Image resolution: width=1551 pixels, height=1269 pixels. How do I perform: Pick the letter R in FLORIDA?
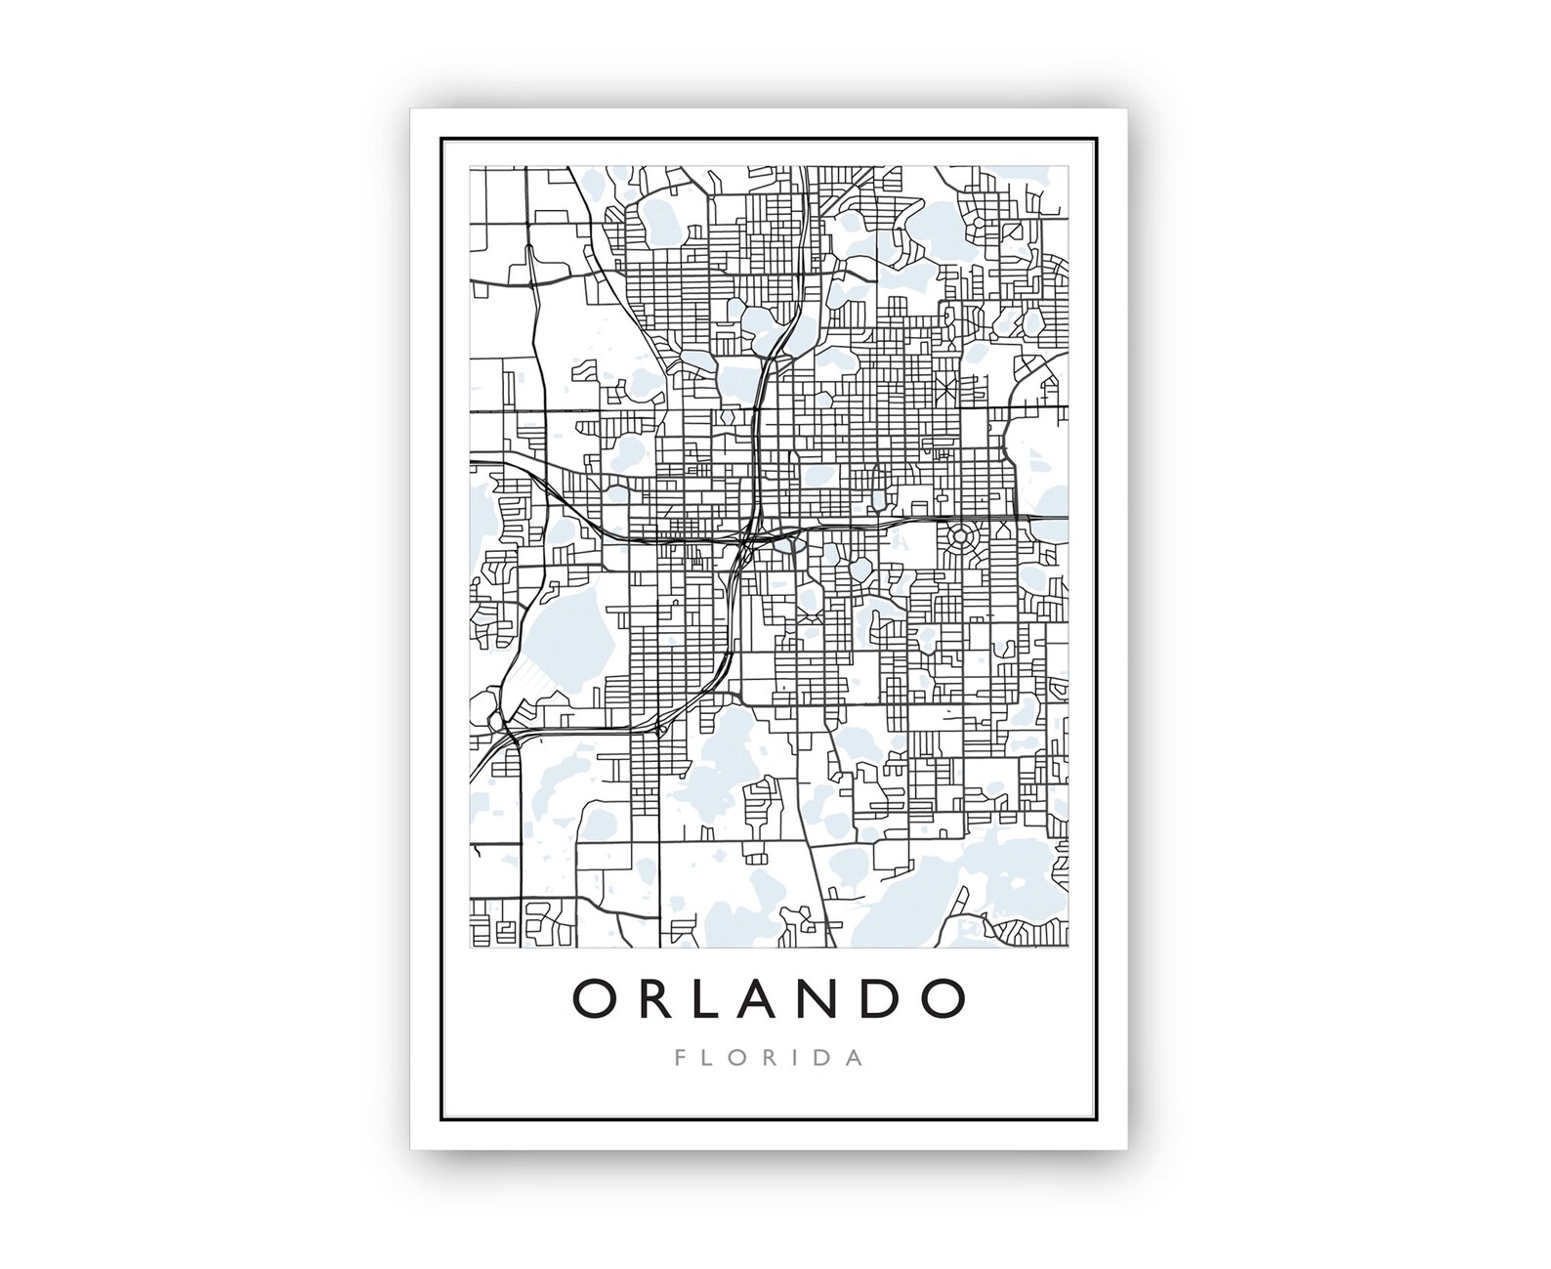[x=775, y=1058]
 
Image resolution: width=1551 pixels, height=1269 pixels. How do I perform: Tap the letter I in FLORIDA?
[x=799, y=1058]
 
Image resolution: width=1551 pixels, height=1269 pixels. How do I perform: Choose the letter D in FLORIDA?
[x=823, y=1058]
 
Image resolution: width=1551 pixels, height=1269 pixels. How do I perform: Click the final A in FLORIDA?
[x=856, y=1058]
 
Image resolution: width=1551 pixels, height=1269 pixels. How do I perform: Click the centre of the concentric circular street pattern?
[x=959, y=537]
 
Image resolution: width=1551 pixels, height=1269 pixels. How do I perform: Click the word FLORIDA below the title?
[x=769, y=1058]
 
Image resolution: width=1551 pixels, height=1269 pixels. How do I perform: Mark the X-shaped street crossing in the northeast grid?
[x=944, y=388]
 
